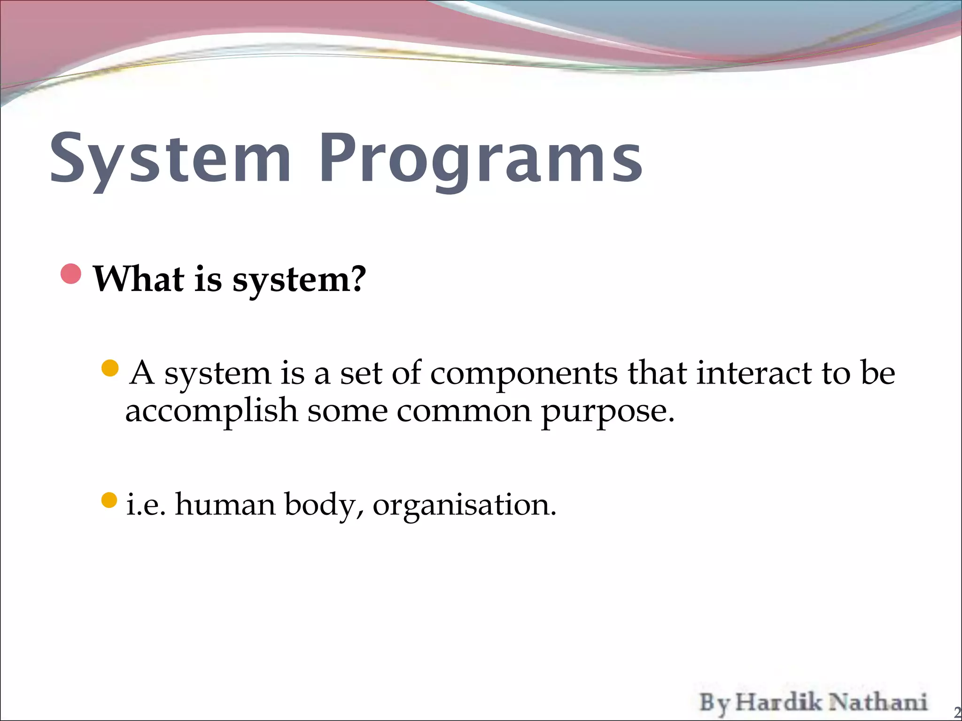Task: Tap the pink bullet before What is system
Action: point(71,274)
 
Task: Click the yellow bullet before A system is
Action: point(109,368)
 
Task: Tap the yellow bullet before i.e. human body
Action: point(109,500)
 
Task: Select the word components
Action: point(524,374)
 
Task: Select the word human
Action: point(225,505)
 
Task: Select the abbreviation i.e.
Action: point(146,506)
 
